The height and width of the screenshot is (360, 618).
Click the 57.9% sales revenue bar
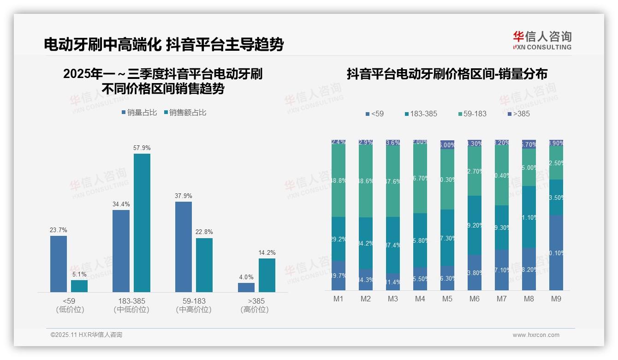142,222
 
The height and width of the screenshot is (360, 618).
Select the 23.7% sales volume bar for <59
59,264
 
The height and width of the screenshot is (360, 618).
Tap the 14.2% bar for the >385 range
267,275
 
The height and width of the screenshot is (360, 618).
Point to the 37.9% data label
183,196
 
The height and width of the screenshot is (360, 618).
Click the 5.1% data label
79,274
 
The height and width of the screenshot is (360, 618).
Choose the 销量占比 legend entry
139,112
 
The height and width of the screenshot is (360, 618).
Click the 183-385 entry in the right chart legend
420,114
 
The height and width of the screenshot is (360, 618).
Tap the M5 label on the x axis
447,299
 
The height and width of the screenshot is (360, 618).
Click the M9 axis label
556,299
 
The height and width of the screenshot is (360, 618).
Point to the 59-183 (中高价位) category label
194,305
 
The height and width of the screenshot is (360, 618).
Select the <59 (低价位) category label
70,305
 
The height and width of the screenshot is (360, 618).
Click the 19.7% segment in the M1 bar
339,276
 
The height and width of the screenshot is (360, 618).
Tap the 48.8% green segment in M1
339,181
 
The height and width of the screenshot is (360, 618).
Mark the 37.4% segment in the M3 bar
393,245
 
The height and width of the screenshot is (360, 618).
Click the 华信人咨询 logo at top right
542,40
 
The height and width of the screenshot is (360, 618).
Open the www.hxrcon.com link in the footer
536,335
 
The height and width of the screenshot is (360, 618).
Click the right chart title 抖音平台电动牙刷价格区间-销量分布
447,74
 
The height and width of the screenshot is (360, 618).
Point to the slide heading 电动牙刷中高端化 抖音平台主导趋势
164,44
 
